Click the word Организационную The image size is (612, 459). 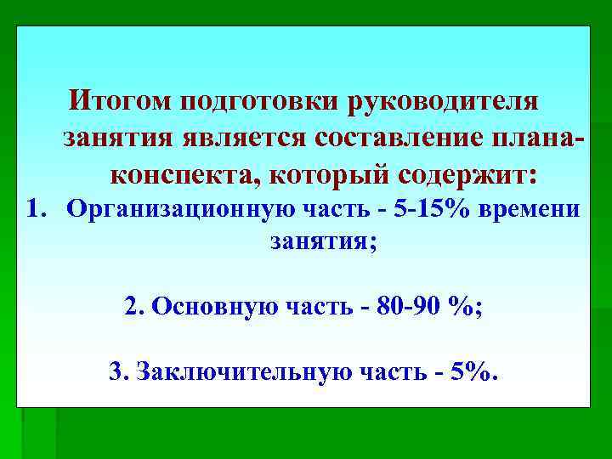pyautogui.click(x=179, y=209)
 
